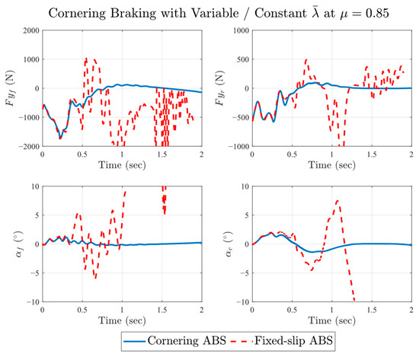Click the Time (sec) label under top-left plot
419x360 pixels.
(x=121, y=165)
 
